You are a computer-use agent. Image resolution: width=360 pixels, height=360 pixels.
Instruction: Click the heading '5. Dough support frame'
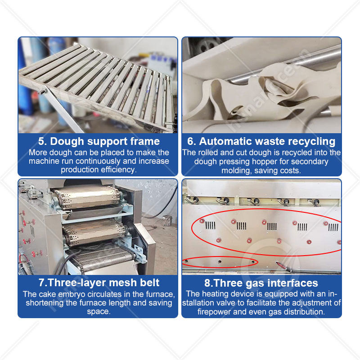pyautogui.click(x=99, y=141)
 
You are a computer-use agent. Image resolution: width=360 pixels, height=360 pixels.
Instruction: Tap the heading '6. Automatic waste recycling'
pyautogui.click(x=261, y=141)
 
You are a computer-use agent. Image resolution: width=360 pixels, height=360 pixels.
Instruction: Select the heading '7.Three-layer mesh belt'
pyautogui.click(x=99, y=283)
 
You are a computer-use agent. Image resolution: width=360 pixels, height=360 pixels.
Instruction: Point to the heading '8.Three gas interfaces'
pyautogui.click(x=261, y=283)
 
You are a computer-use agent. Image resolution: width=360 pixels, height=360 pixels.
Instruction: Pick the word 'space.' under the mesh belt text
pyautogui.click(x=99, y=311)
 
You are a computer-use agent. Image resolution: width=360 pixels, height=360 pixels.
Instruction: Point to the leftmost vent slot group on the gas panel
pyautogui.click(x=210, y=225)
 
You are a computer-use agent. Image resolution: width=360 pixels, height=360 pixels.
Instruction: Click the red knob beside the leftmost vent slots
pyautogui.click(x=202, y=221)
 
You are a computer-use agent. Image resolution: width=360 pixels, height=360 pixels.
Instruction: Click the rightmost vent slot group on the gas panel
pyautogui.click(x=333, y=227)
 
